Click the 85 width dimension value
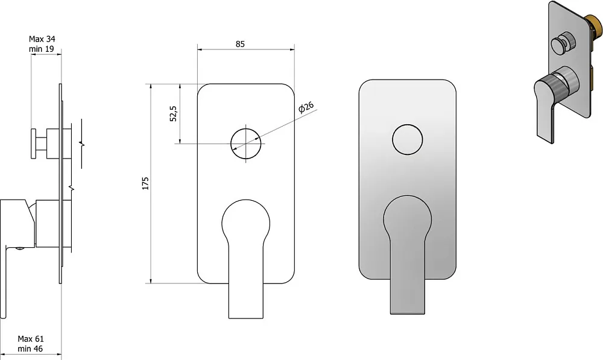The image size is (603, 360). [240, 44]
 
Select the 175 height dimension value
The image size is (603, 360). [145, 183]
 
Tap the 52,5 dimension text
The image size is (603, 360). [174, 114]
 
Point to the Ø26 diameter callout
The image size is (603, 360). [306, 107]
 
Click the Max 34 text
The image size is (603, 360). [42, 39]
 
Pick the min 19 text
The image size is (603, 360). [41, 49]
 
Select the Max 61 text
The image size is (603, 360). [31, 339]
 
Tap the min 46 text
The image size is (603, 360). [30, 349]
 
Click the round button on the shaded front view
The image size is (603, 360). [408, 125]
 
